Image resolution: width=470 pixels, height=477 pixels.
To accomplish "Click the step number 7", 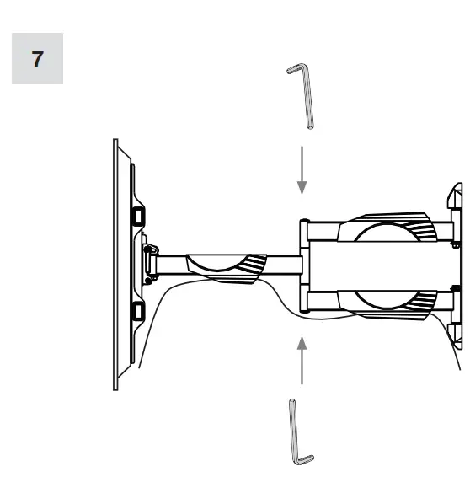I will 38,61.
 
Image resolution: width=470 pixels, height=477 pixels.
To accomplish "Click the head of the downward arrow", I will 302,191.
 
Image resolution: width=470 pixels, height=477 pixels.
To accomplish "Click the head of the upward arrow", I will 302,340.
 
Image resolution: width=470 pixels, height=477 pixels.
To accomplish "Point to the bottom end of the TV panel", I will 116,386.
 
